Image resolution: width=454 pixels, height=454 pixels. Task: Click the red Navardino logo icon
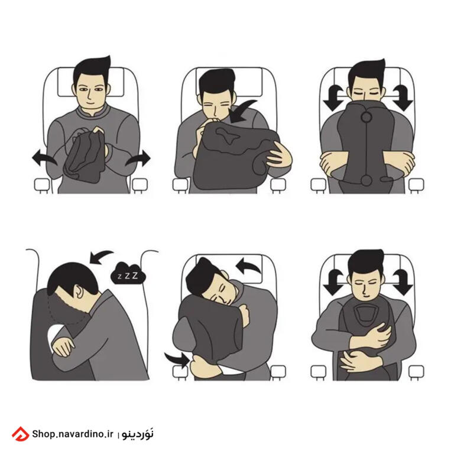coord(20,434)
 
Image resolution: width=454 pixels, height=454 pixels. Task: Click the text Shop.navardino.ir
coord(72,434)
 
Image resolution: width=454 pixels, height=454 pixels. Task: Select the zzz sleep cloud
coord(128,273)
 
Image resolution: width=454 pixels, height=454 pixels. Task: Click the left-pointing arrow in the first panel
coord(43,158)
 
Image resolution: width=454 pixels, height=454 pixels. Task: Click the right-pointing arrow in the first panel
coord(138,158)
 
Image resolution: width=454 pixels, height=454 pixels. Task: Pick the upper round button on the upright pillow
coord(367,117)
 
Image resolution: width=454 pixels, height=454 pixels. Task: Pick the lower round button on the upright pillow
coord(367,180)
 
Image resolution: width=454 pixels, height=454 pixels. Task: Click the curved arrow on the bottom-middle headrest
coord(248,266)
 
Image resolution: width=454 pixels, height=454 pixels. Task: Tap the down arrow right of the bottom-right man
coord(402,282)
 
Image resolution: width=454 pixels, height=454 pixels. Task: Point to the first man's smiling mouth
coord(90,102)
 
